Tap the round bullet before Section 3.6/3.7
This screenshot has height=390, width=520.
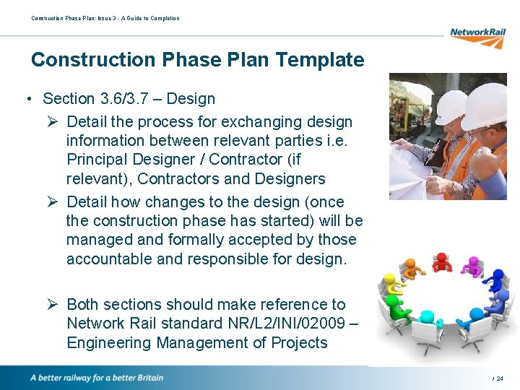27,99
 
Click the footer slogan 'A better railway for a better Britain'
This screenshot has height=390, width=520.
96,378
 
